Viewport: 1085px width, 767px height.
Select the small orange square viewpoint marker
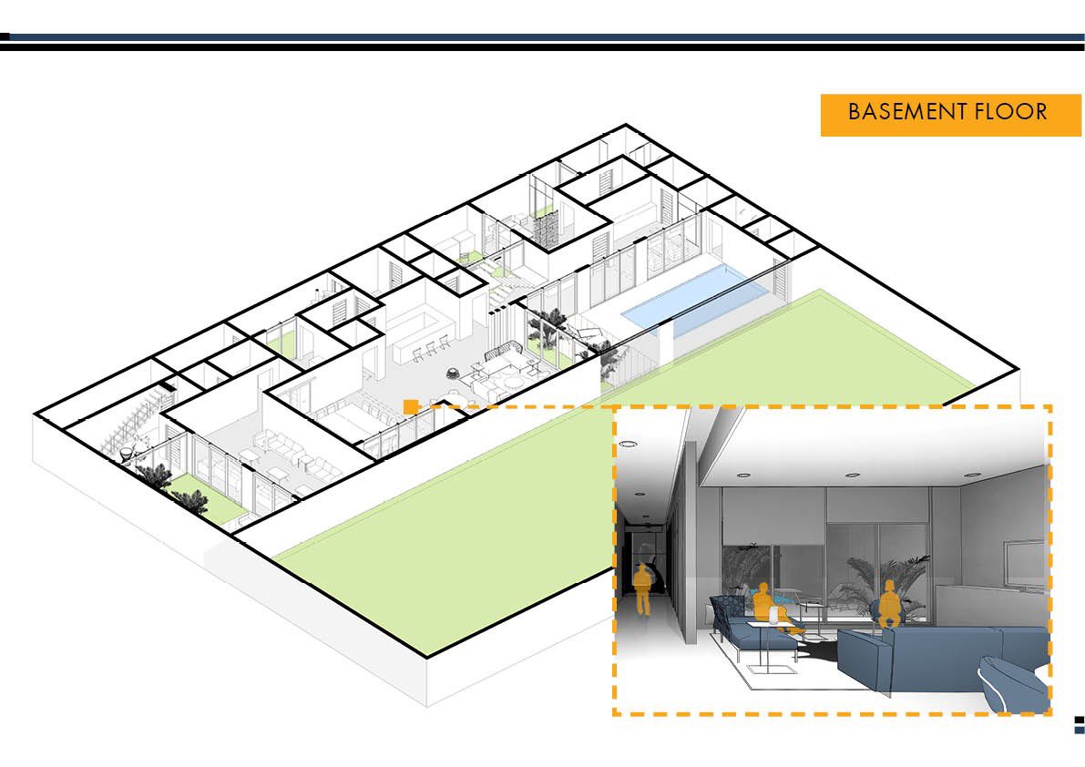click(411, 406)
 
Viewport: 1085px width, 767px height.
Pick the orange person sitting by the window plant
click(887, 605)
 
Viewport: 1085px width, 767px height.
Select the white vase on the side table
click(776, 616)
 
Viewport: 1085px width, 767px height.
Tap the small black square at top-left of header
click(5, 37)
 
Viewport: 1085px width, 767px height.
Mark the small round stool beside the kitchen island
click(453, 370)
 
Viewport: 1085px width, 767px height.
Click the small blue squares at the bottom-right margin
click(1080, 724)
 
